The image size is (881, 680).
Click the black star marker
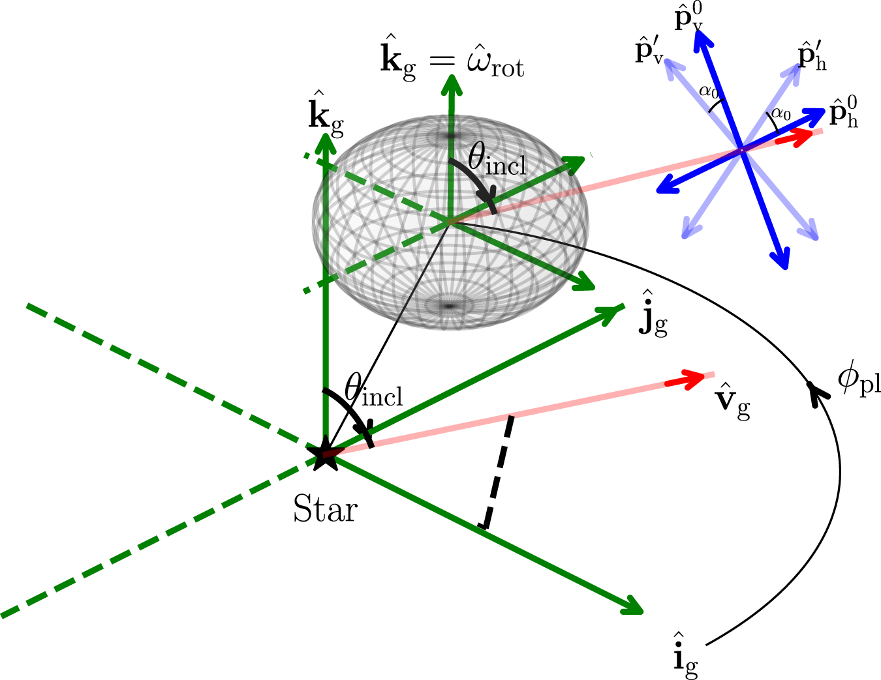(324, 455)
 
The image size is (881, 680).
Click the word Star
(325, 509)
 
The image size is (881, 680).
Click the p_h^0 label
(843, 112)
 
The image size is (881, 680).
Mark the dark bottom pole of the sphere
(450, 305)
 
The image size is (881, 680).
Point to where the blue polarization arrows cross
(741, 151)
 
